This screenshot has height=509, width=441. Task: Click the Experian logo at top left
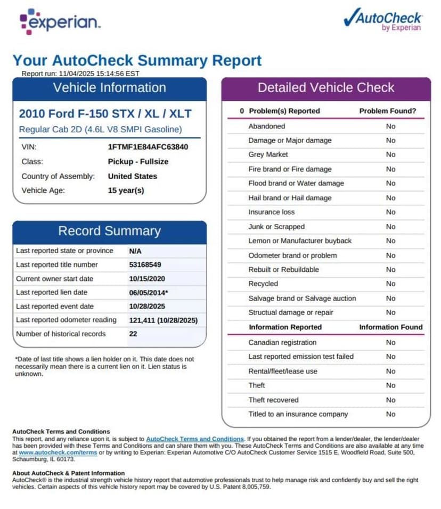60,21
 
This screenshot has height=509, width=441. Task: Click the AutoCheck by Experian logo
382,20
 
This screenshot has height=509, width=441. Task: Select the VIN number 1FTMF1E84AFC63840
148,147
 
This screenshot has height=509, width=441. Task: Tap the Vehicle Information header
109,88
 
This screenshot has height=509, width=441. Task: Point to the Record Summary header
109,231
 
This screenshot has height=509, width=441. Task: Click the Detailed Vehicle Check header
326,88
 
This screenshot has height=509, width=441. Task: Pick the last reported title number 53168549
145,265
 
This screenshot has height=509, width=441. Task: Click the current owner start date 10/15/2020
147,279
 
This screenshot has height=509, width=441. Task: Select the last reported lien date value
149,293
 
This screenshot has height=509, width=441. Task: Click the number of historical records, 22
134,334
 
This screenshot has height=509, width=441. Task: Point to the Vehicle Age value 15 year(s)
126,190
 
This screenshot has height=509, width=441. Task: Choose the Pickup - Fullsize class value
138,161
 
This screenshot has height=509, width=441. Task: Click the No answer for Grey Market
391,155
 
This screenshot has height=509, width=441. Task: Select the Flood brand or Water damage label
296,183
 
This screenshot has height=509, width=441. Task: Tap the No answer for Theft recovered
391,400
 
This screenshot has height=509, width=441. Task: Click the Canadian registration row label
282,343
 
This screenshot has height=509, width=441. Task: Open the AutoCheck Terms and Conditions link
195,439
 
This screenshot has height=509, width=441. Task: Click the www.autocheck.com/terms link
51,453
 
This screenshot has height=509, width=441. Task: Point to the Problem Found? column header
388,111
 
